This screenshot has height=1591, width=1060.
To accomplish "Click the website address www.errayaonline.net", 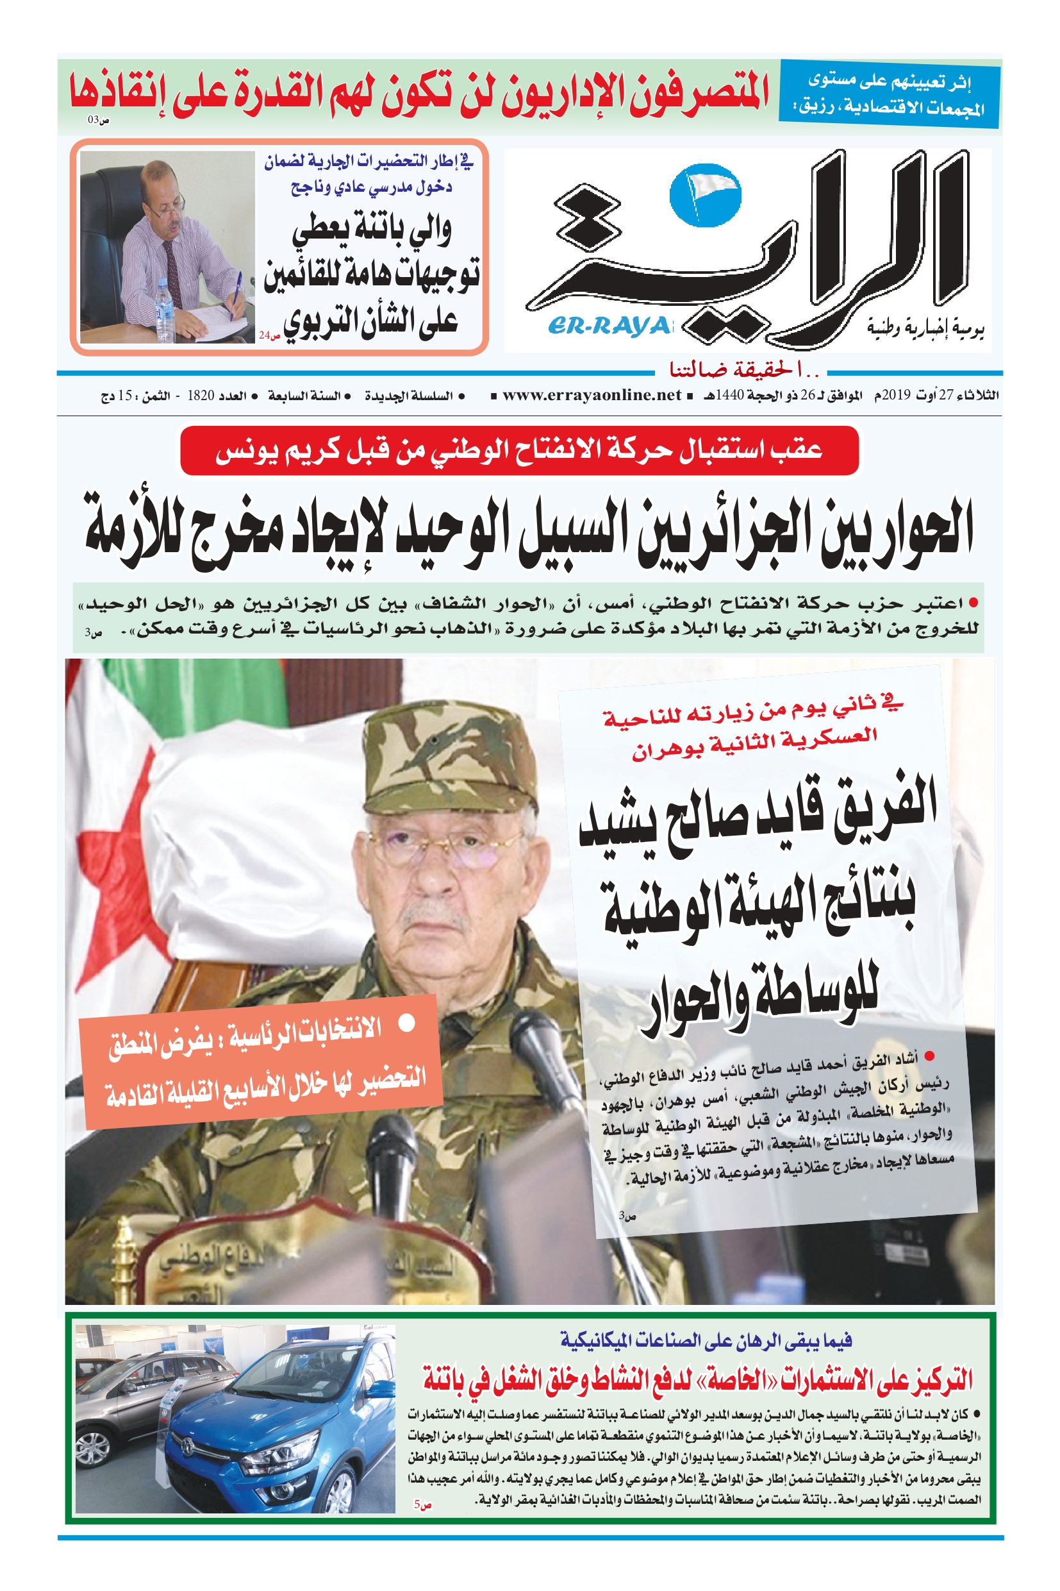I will [x=592, y=395].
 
